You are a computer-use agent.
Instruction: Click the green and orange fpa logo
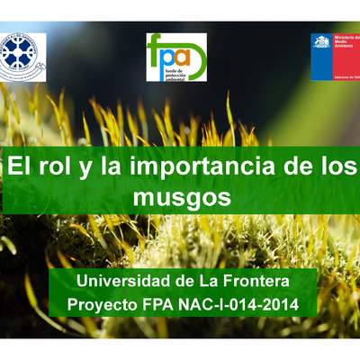[x=175, y=57]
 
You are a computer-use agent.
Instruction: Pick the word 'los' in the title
[x=337, y=166]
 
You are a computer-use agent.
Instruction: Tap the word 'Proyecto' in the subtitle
[x=103, y=305]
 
